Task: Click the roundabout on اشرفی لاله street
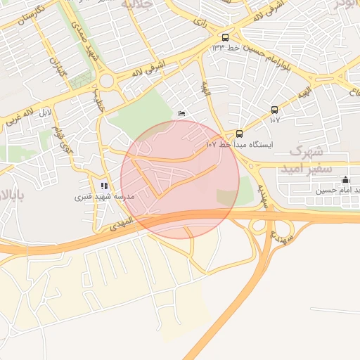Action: pos(107,81)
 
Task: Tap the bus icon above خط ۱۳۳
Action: pos(225,38)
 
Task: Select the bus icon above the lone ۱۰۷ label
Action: pos(274,110)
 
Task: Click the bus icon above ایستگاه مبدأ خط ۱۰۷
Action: pos(239,134)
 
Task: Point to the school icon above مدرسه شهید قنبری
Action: pos(104,186)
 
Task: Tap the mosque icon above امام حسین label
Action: pos(345,179)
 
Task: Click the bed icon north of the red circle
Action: pos(182,113)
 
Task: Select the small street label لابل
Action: pos(44,112)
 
